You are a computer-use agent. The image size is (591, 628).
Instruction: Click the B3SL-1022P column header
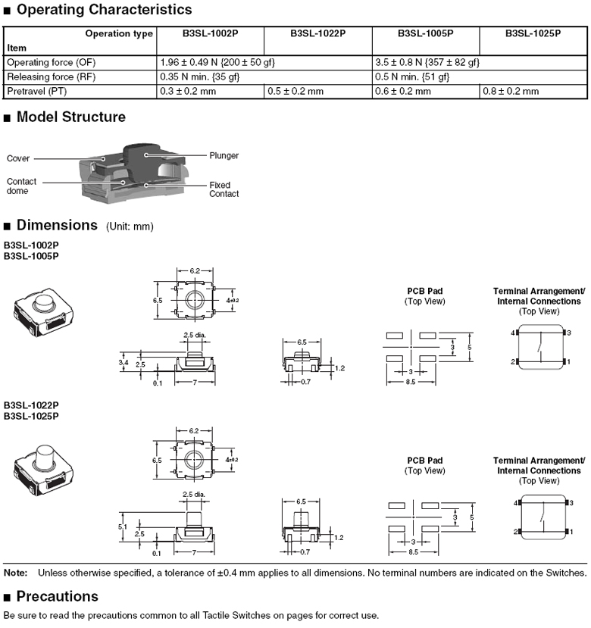317,34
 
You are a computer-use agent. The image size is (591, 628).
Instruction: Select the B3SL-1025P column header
533,34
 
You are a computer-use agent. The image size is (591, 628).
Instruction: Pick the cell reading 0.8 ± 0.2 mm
511,91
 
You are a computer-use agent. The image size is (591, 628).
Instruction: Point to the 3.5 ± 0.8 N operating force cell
427,62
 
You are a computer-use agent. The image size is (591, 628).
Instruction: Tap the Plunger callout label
224,156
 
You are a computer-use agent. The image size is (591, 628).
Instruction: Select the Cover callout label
18,158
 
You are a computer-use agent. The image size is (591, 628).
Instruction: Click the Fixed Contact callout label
224,189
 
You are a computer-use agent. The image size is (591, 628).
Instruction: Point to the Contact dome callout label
22,186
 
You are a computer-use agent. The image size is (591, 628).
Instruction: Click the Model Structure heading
70,117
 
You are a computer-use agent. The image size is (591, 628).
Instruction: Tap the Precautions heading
57,596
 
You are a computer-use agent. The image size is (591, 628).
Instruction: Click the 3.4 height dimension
123,364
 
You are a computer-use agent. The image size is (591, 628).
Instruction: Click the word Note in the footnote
15,573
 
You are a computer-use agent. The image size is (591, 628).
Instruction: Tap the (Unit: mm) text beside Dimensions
130,227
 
